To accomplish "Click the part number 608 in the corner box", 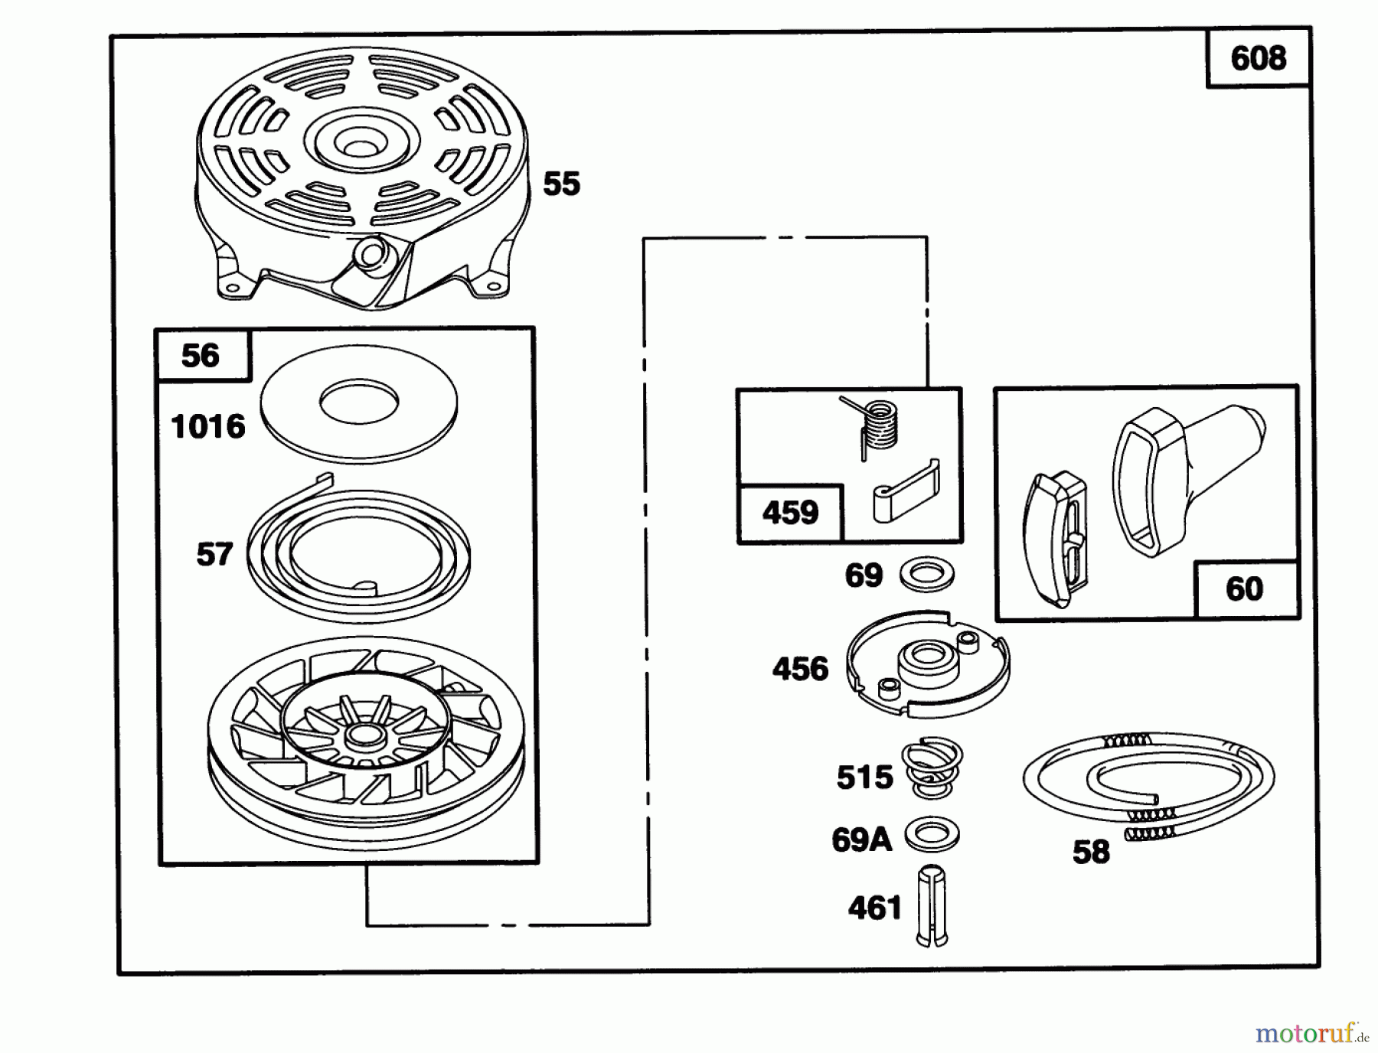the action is point(1258,58).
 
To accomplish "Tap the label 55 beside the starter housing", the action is point(561,184).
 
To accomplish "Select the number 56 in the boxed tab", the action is point(200,355).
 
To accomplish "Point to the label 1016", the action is point(208,426).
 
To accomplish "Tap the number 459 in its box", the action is point(790,512).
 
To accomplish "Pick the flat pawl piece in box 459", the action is point(905,494).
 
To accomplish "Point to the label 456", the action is point(800,669).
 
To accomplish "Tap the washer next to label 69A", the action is point(932,835).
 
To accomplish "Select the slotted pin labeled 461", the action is point(932,907).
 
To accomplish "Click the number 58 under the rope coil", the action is point(1091,852).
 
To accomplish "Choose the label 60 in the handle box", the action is point(1244,589).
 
